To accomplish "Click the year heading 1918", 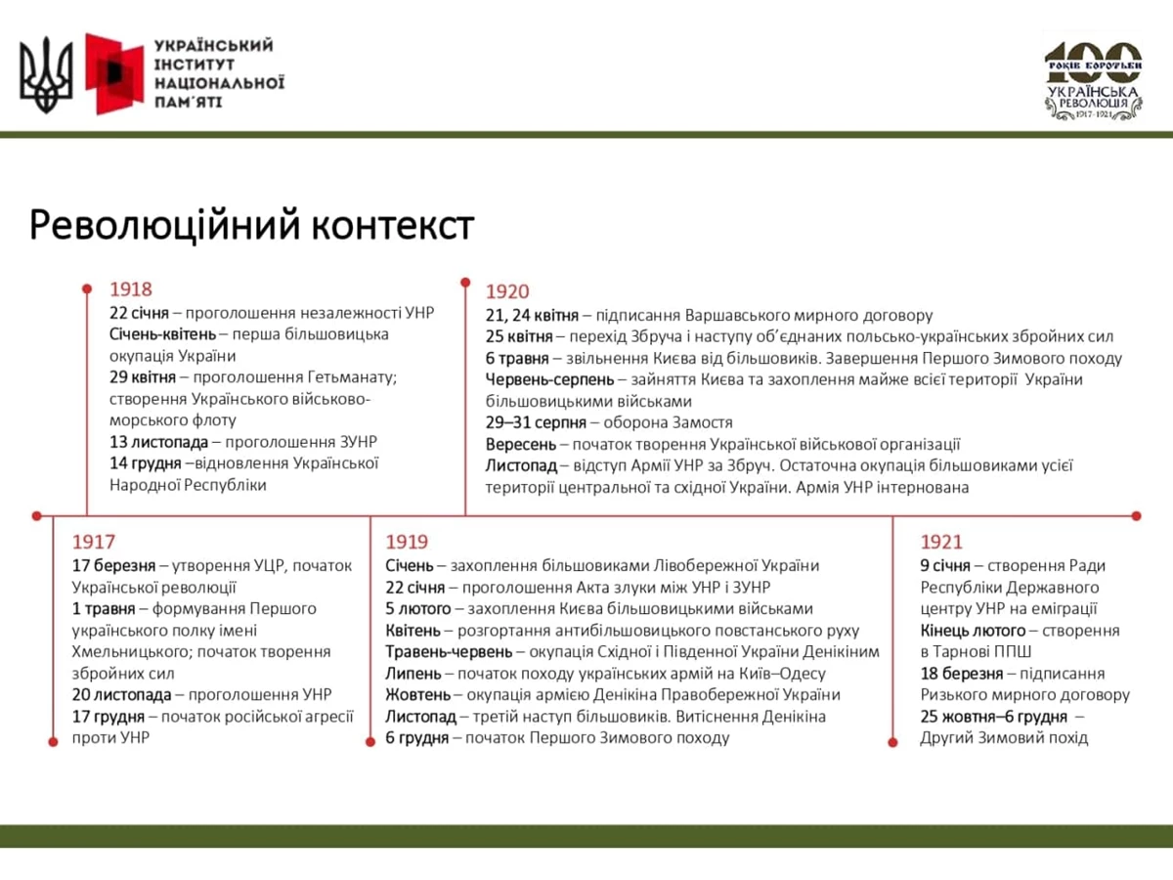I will pos(131,289).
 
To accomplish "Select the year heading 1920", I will pos(506,291).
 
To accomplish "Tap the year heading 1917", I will pos(94,542).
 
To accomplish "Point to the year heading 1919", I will pos(407,542).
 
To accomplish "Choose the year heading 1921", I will pos(941,542).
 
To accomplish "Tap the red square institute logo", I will pos(114,73).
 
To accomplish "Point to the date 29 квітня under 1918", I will pos(143,377).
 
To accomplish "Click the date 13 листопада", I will pos(158,442).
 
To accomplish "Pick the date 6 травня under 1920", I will pos(517,358).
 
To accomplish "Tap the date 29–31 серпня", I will pos(536,422).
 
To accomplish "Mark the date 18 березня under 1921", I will pos(962,674).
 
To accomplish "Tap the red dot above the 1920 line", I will pos(465,284).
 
